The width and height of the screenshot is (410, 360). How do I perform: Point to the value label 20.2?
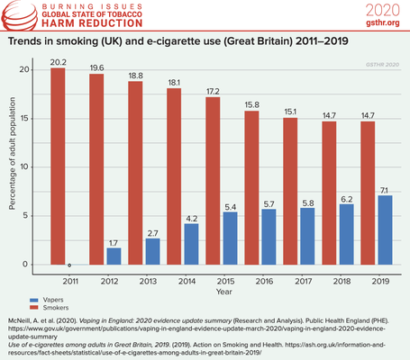pos(57,62)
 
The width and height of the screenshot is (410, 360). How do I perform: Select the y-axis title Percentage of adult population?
pos(13,166)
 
